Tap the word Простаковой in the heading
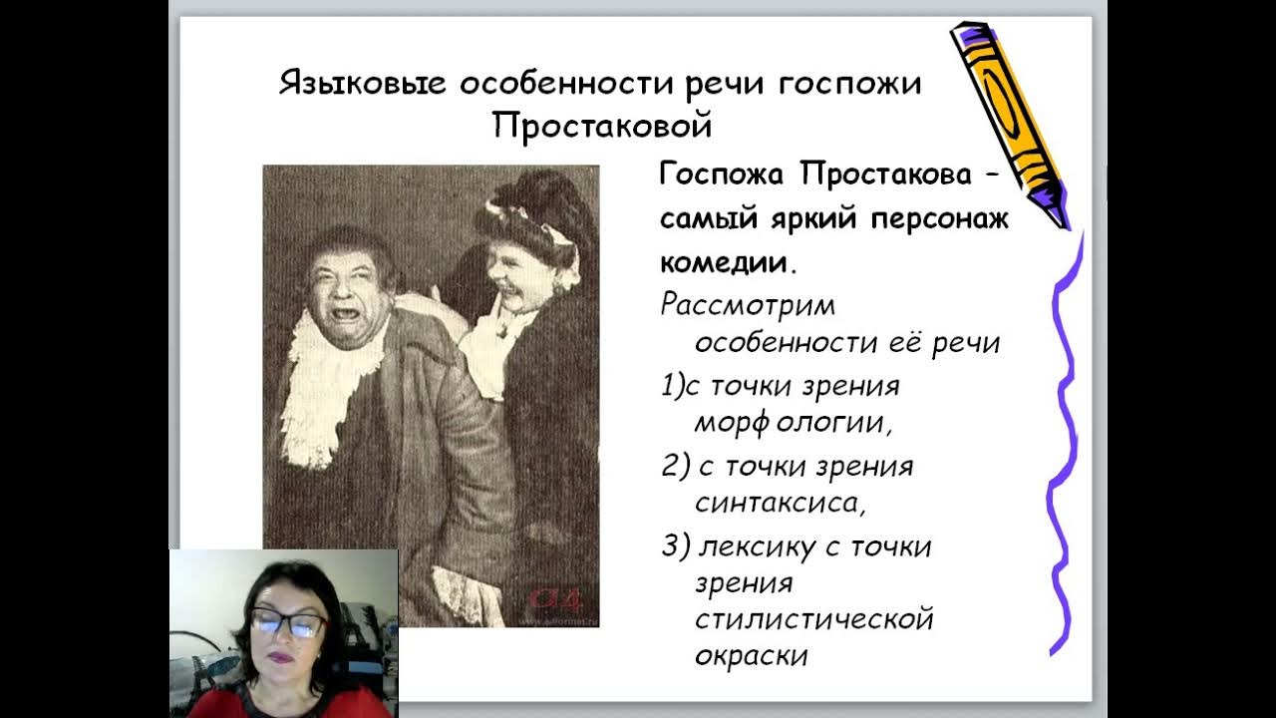tap(603, 126)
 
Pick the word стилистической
tap(813, 618)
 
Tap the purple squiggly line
tap(1065, 449)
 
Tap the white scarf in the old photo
tap(317, 389)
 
